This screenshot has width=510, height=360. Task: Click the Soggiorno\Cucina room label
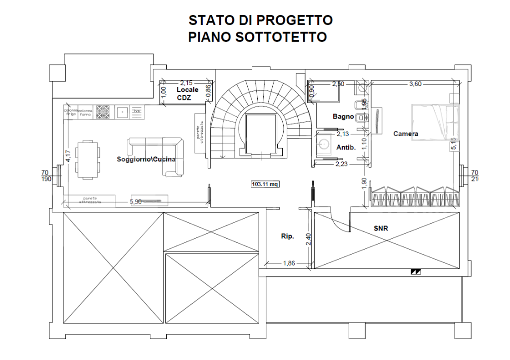point(146,159)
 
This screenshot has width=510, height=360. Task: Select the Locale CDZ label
point(187,93)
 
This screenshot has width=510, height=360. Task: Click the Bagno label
point(343,116)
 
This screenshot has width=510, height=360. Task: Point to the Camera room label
point(406,133)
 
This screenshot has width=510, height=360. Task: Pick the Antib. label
point(346,147)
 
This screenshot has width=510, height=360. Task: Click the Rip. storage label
point(287,236)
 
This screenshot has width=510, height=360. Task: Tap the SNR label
point(381,228)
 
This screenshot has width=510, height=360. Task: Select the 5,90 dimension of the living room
point(136,201)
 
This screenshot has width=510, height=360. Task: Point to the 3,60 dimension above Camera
point(416,84)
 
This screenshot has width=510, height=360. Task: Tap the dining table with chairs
point(87,159)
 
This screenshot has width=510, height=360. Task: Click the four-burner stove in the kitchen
point(103,111)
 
